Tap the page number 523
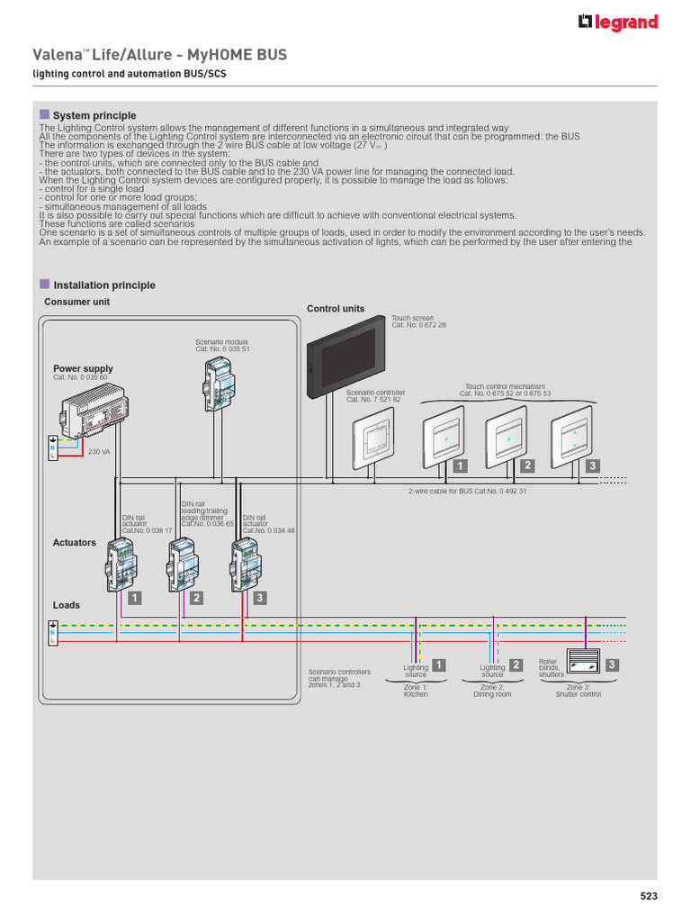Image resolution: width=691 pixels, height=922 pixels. click(x=649, y=896)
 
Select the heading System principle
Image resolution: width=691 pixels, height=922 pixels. click(x=94, y=115)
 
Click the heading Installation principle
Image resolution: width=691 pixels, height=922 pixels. click(x=103, y=285)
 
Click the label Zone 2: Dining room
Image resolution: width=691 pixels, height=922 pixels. click(x=492, y=691)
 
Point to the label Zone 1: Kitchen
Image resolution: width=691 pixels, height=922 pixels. click(x=416, y=691)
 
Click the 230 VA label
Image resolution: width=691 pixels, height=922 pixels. click(x=99, y=452)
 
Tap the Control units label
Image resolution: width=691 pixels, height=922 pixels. click(x=336, y=309)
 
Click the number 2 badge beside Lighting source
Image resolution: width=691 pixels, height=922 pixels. click(x=516, y=665)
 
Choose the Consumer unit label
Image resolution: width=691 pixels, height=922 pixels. click(x=77, y=302)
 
